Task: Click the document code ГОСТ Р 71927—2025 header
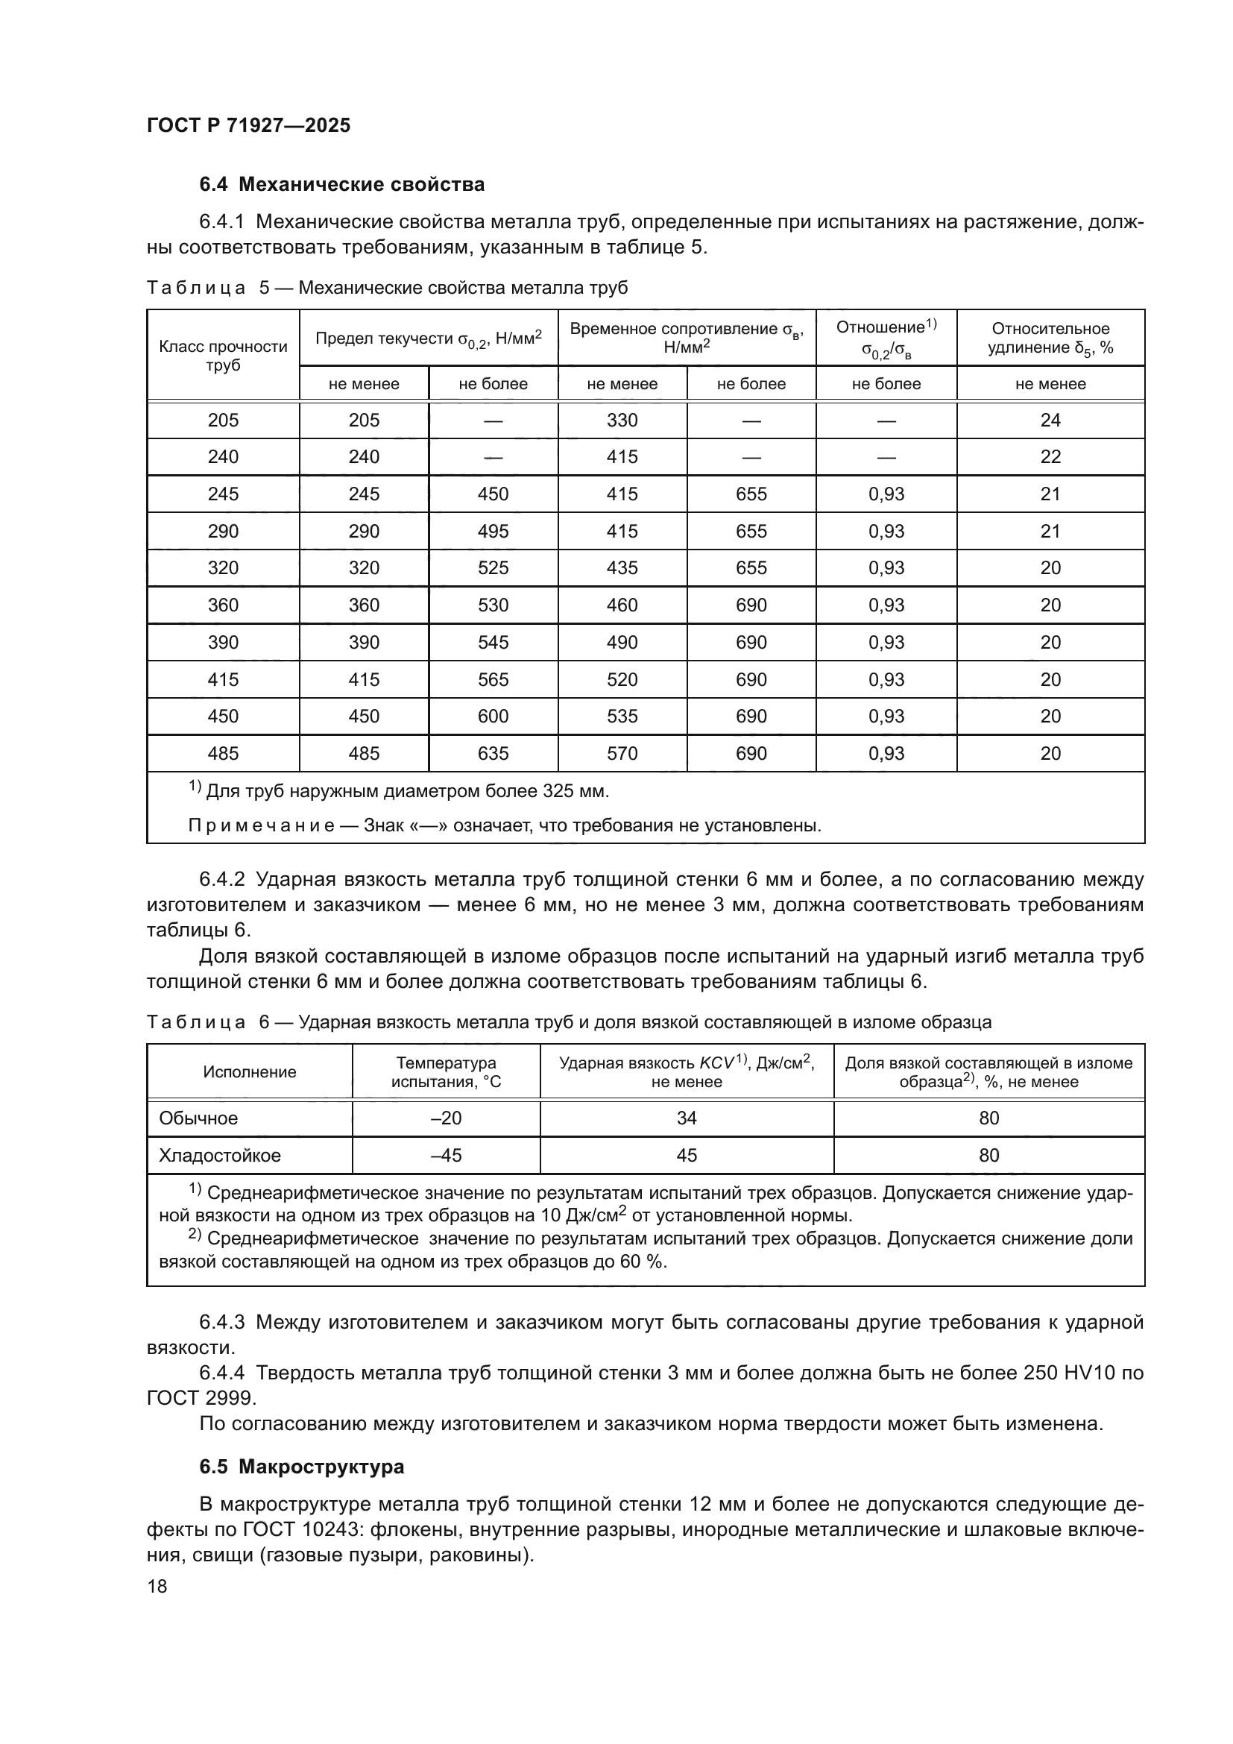point(248,125)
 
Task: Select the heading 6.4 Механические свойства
point(341,185)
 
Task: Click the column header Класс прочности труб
point(223,356)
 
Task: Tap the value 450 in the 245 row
point(493,494)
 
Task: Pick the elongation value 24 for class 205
point(1050,421)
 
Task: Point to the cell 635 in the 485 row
point(493,754)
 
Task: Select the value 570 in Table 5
point(622,754)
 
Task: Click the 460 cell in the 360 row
point(622,605)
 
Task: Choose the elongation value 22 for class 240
point(1050,457)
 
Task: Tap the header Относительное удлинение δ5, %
point(1050,338)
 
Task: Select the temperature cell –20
point(446,1118)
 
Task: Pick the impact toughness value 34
point(687,1118)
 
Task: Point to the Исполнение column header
point(249,1071)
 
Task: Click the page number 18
point(157,1586)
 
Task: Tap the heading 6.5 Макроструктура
point(301,1467)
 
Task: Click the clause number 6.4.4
point(221,1373)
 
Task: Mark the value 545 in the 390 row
point(493,643)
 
